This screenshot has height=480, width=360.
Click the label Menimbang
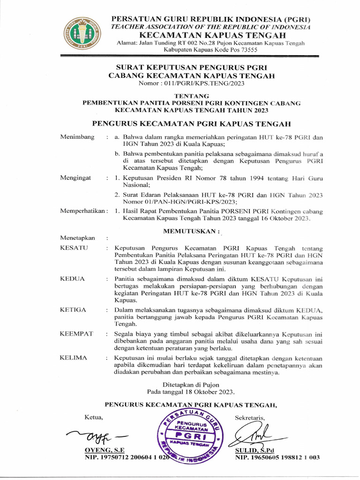click(x=77, y=137)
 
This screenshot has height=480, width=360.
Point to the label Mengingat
click(x=76, y=179)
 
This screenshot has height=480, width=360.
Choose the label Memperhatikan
click(x=83, y=211)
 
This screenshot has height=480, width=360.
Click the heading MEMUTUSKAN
click(x=191, y=231)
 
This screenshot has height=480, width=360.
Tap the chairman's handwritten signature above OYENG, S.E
click(x=96, y=437)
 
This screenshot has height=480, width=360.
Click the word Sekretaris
click(x=250, y=418)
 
